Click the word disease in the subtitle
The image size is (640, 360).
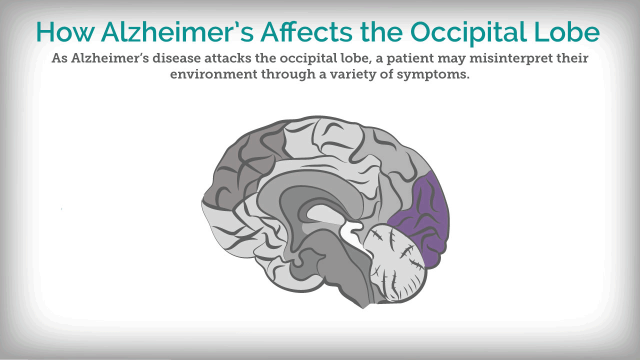tap(177, 58)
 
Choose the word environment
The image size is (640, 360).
tap(213, 74)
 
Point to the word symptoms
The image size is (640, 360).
tap(433, 75)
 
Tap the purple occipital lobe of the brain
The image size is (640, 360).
tap(422, 220)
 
